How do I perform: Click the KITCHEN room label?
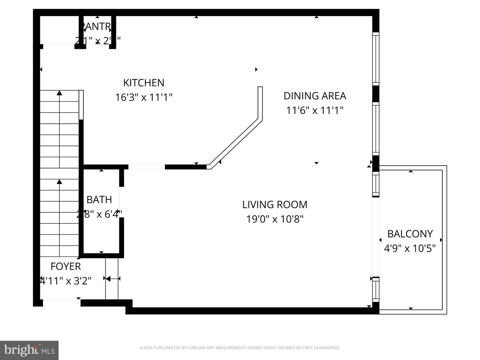(x=144, y=83)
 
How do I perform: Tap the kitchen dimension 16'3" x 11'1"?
(x=144, y=97)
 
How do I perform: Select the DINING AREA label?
(x=315, y=96)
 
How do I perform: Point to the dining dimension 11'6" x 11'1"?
(x=315, y=110)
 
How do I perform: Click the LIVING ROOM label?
(x=275, y=204)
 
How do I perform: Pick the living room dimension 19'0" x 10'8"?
(x=275, y=219)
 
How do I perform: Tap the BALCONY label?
(x=410, y=234)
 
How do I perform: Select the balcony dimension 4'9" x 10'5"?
(x=410, y=248)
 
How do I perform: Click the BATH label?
(x=99, y=200)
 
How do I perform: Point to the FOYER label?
(x=66, y=266)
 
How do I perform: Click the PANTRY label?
(x=98, y=26)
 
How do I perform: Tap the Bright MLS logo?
(x=29, y=350)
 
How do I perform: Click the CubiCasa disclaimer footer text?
(x=240, y=348)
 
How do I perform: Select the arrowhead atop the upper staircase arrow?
(x=59, y=93)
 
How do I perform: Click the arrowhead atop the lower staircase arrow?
(x=59, y=182)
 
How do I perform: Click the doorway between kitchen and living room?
(x=147, y=167)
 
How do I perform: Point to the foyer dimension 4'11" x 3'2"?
(x=66, y=281)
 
